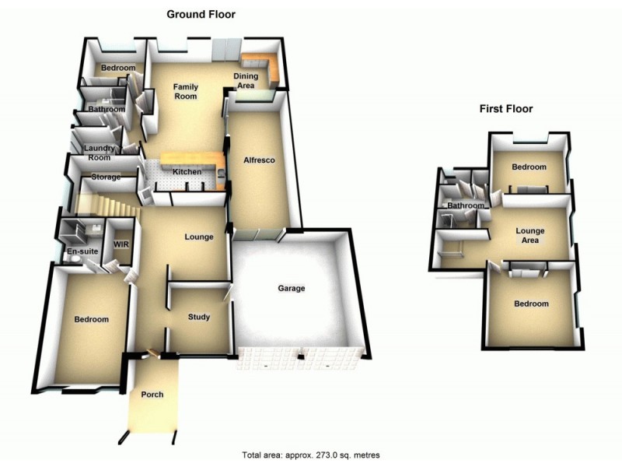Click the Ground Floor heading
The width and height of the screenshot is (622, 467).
click(x=201, y=14)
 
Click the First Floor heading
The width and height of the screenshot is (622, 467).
click(x=505, y=109)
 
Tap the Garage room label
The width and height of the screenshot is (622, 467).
click(x=292, y=289)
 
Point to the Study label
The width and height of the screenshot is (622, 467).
click(x=199, y=317)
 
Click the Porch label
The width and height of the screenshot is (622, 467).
click(x=152, y=395)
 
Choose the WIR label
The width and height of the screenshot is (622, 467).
click(x=121, y=244)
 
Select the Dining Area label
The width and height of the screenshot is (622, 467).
click(x=245, y=81)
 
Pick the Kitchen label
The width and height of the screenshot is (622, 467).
click(x=187, y=172)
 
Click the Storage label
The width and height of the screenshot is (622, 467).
click(x=107, y=177)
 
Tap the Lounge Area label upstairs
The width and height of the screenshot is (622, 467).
click(x=530, y=235)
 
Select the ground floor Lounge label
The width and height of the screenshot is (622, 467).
click(x=199, y=237)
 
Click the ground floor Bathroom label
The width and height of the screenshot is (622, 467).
click(x=106, y=110)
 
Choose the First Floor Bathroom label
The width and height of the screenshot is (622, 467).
click(x=465, y=205)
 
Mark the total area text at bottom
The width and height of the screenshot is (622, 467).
click(x=311, y=455)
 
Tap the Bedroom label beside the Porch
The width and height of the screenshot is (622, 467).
click(x=91, y=319)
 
